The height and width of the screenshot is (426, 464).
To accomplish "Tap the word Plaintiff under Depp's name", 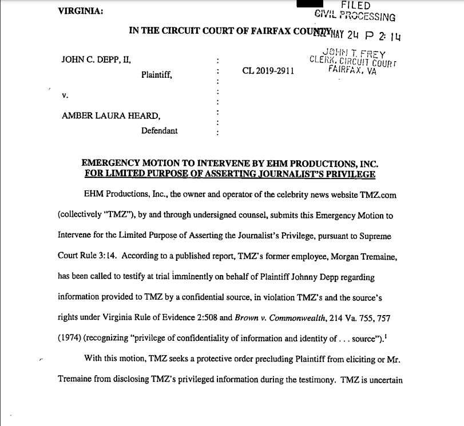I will click(x=157, y=74).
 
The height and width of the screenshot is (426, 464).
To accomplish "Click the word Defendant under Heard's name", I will click(x=160, y=130).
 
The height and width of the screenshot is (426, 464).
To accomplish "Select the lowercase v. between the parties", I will click(x=64, y=95).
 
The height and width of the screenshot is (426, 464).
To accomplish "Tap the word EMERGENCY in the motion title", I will click(x=110, y=163).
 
